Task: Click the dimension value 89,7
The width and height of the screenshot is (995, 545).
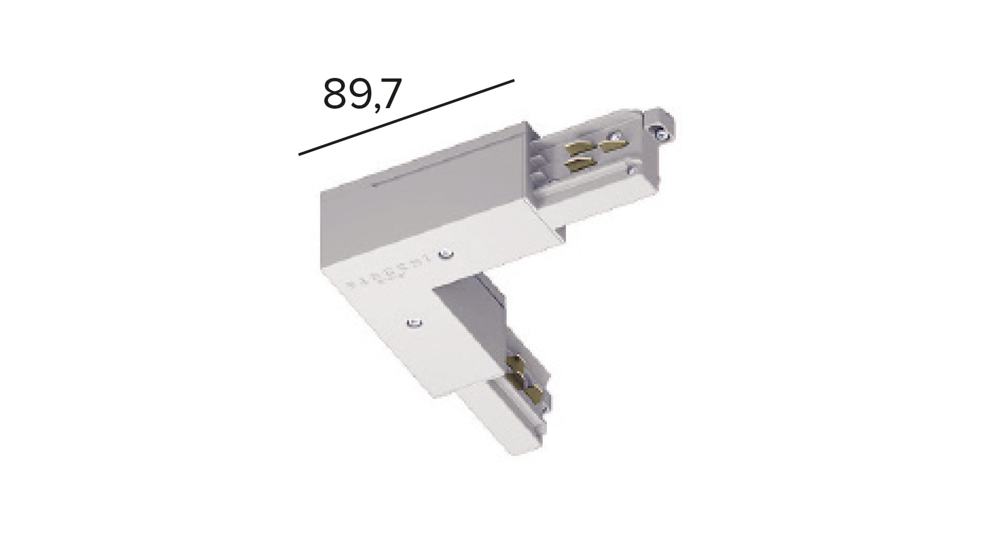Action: (x=362, y=94)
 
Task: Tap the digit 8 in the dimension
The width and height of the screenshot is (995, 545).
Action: (x=335, y=94)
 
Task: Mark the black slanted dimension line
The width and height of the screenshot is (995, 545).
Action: (x=406, y=118)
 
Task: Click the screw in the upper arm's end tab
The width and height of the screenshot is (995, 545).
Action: (x=660, y=131)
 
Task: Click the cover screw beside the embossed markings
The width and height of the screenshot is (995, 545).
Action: (x=447, y=254)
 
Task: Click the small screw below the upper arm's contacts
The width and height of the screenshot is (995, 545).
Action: (x=630, y=170)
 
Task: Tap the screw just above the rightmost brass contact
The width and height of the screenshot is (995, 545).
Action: (x=614, y=135)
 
